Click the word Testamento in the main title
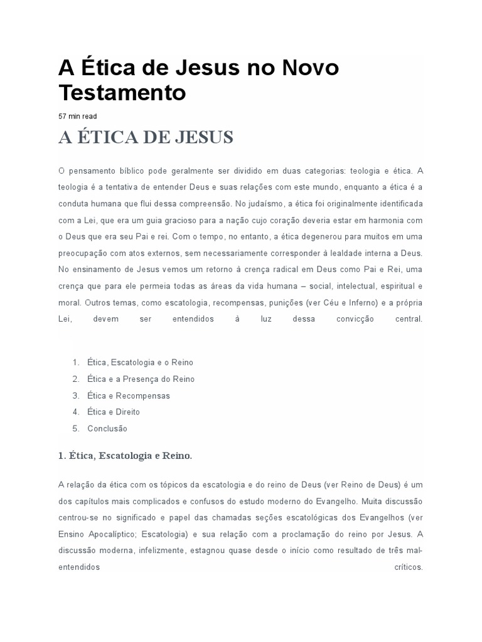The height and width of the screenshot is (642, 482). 122,93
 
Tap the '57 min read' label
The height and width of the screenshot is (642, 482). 78,116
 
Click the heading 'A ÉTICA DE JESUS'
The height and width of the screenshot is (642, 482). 146,138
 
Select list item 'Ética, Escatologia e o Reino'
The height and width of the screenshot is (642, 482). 140,362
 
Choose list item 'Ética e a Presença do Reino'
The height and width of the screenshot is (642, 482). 141,379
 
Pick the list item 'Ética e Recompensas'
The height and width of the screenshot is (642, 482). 128,396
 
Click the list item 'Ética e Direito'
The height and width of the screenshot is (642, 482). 113,412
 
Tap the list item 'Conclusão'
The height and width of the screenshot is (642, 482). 107,429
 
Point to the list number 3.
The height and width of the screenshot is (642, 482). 75,396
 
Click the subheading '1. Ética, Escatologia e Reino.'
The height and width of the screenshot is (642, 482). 125,456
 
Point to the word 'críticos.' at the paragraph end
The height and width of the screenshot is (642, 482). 409,568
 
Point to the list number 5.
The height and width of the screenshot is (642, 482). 75,429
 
